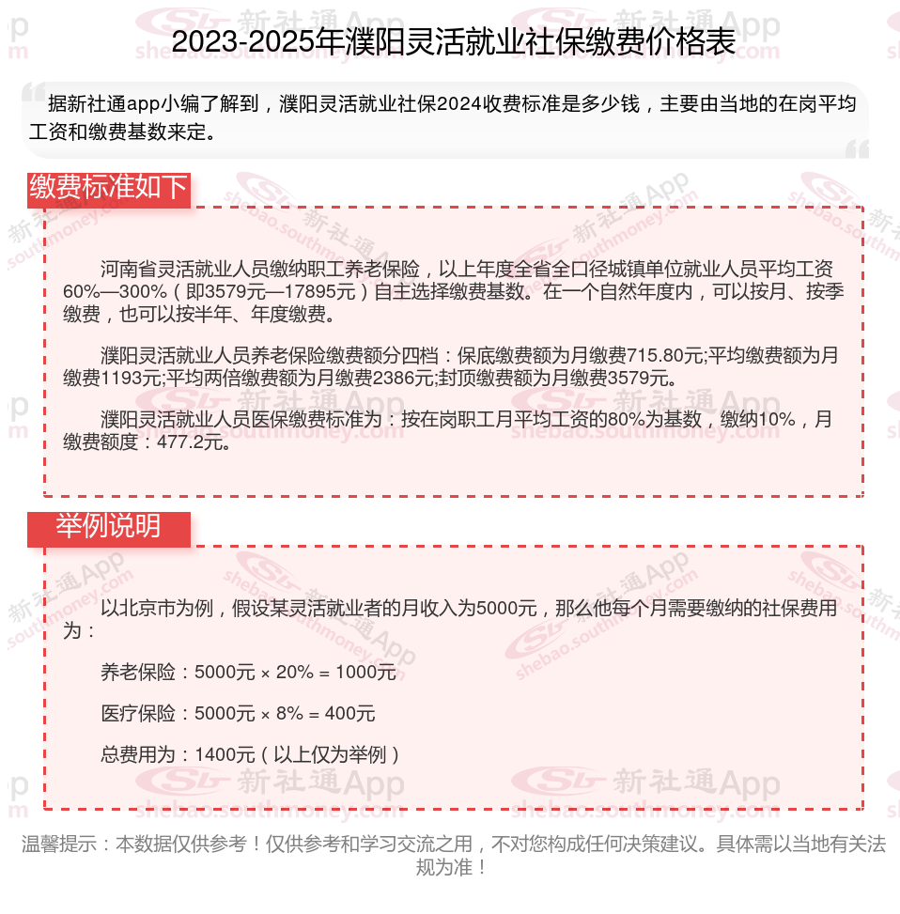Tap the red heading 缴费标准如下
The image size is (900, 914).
coord(109,188)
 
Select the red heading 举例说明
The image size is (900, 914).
coord(109,527)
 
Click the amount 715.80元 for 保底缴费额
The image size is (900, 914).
coord(670,356)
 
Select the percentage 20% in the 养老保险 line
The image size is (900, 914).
coord(294,673)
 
